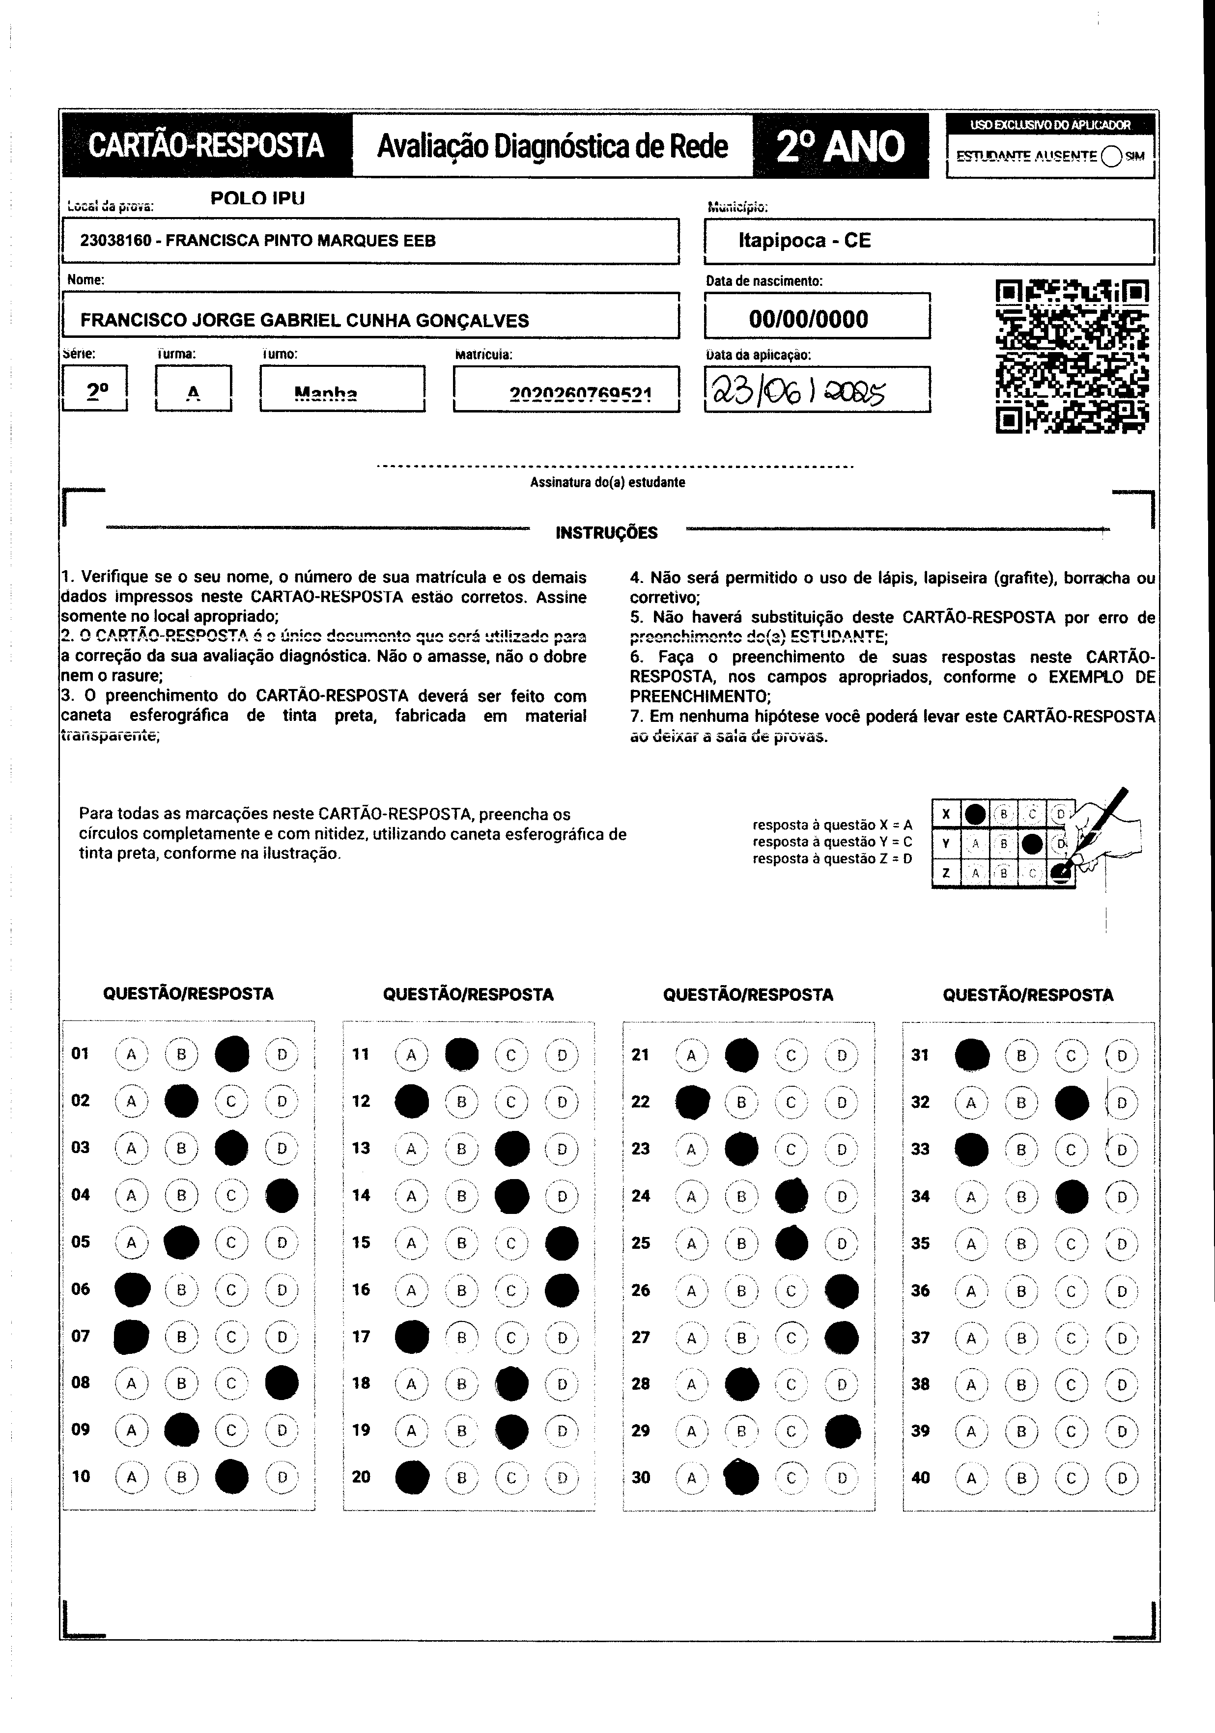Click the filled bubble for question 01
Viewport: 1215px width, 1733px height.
[x=232, y=1054]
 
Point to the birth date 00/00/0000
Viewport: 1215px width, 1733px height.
[x=809, y=319]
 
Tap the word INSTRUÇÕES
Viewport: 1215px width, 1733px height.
[x=606, y=533]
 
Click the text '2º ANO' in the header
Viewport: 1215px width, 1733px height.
[x=840, y=146]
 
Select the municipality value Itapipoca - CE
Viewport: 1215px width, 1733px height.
[x=804, y=241]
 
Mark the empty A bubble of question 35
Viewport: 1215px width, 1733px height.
[x=971, y=1243]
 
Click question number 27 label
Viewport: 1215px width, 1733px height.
[x=640, y=1337]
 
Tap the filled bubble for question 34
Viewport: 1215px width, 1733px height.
[x=1072, y=1196]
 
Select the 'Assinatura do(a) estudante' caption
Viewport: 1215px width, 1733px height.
[x=607, y=482]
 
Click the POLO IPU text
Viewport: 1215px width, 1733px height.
[x=257, y=198]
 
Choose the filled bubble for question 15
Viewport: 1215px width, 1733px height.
[x=562, y=1243]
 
